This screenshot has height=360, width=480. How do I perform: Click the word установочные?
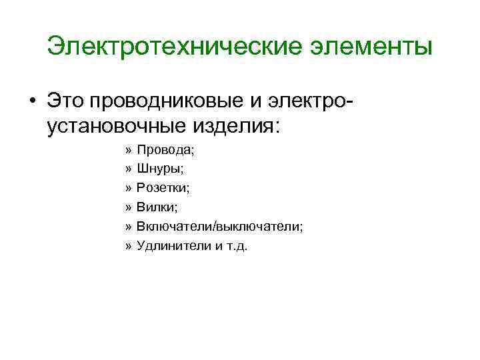123,124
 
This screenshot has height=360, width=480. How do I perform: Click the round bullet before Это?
32,101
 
